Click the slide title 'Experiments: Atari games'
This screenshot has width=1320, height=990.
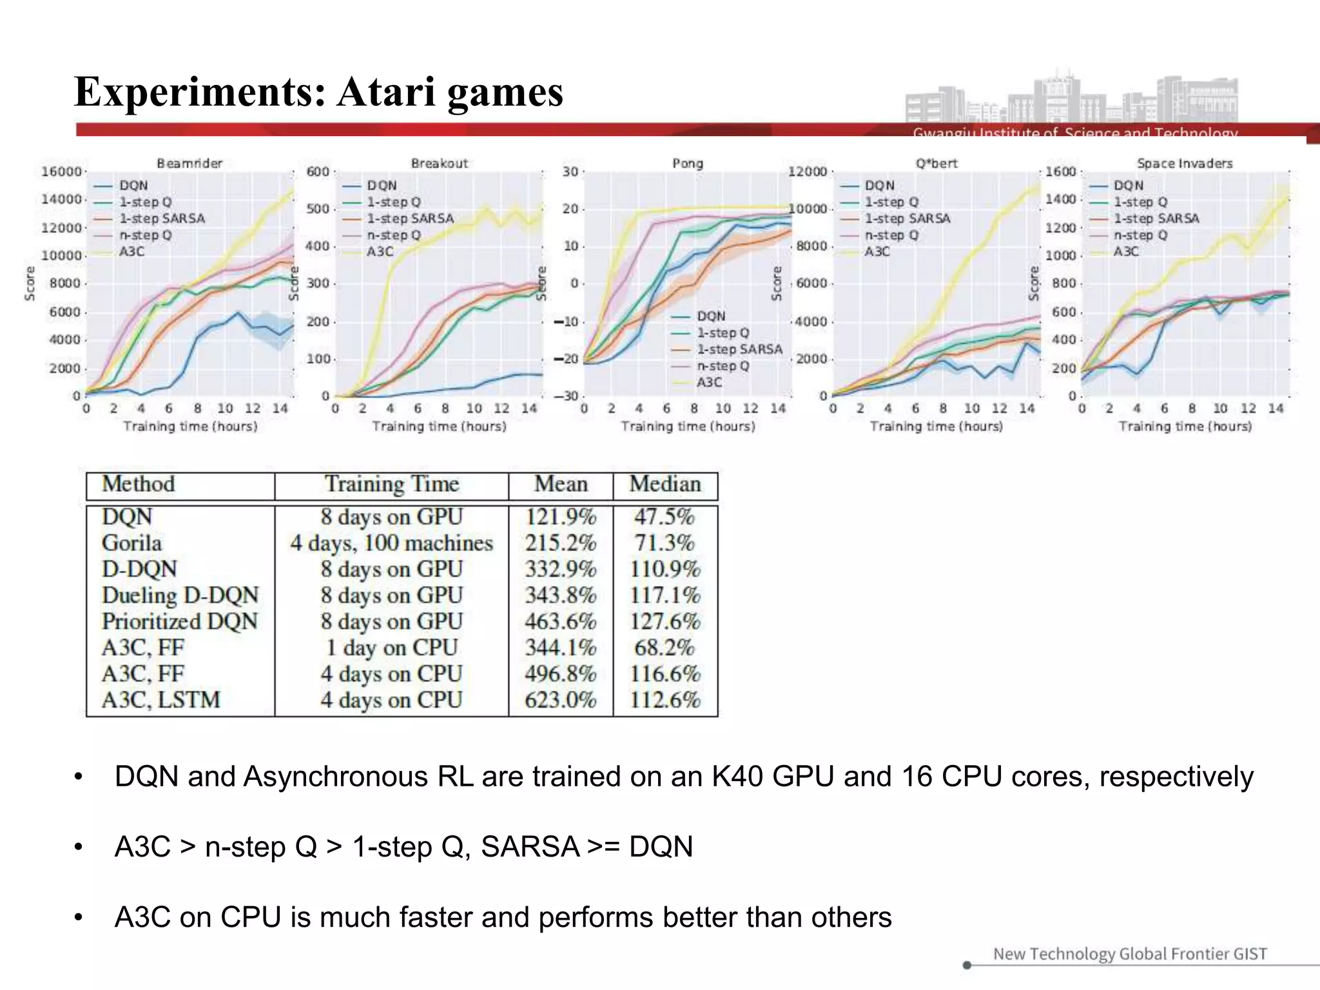(318, 92)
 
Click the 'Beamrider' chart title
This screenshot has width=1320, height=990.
(189, 163)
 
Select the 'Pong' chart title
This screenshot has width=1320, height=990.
(688, 163)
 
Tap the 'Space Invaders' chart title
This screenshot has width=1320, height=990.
(1185, 163)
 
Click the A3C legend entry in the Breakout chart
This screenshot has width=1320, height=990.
(380, 251)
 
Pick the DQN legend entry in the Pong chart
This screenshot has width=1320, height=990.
(711, 316)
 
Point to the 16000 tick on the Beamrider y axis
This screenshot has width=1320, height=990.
(61, 171)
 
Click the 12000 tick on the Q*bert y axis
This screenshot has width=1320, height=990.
(807, 171)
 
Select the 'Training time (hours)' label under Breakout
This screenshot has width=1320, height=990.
(439, 426)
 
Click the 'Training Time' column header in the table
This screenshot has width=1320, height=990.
(391, 484)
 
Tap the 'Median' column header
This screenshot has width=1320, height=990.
(665, 484)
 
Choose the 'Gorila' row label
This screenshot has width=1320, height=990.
(131, 543)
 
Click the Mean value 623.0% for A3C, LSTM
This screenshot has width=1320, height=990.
(560, 699)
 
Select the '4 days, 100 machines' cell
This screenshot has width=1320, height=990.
(391, 543)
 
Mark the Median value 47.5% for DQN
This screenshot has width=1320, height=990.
(665, 516)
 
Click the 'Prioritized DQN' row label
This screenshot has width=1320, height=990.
(180, 621)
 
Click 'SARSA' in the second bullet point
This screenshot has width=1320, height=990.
(530, 846)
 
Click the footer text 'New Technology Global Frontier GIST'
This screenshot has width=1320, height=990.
(1130, 953)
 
